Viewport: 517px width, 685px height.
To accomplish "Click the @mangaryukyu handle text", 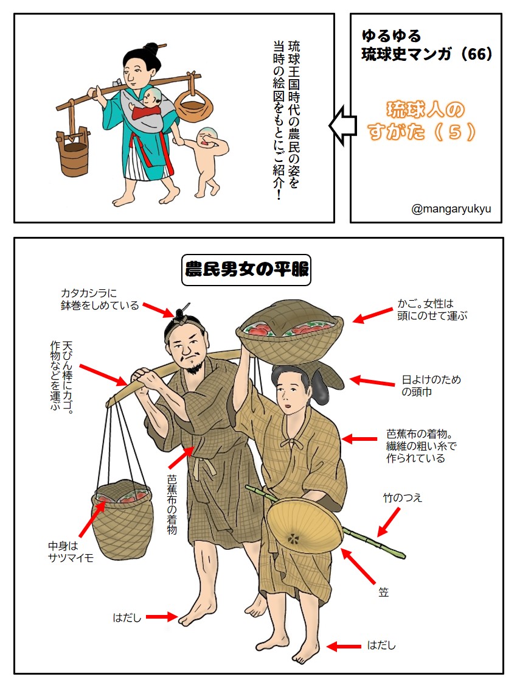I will coord(451,209).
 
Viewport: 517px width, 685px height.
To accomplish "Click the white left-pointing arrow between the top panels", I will coord(342,124).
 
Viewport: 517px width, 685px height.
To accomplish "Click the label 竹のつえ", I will coord(402,498).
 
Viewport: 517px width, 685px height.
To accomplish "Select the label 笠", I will coord(383,592).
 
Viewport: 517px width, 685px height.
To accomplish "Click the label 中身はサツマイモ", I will coord(71,550).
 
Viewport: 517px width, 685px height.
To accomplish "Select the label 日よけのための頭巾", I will coord(431,385).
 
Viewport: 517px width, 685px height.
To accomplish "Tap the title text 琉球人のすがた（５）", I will coord(425,120).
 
